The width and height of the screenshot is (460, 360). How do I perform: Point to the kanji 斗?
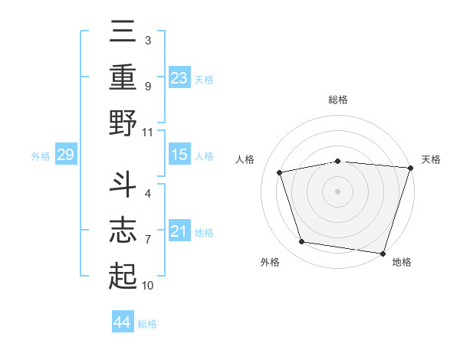tap(123, 183)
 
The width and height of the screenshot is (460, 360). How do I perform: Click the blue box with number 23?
tap(179, 77)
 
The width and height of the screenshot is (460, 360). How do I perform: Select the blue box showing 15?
tap(179, 155)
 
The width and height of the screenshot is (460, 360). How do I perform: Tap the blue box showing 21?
tap(179, 231)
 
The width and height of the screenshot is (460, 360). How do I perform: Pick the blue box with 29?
tap(65, 155)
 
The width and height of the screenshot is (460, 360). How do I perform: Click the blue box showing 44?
tap(122, 322)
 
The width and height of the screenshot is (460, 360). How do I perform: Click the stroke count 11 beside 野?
tap(148, 131)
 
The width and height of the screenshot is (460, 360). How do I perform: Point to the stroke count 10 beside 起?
tap(148, 286)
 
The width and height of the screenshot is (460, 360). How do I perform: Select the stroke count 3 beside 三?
tap(147, 40)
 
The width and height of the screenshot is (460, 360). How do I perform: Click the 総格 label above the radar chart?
tap(338, 100)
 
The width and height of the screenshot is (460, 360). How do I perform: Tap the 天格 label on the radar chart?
tap(431, 159)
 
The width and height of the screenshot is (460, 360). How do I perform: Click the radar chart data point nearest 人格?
tap(281, 172)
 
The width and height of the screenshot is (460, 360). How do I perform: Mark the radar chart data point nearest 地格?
tap(383, 253)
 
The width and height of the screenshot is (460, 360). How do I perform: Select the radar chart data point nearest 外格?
tap(302, 242)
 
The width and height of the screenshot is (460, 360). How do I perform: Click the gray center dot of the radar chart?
tap(338, 191)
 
